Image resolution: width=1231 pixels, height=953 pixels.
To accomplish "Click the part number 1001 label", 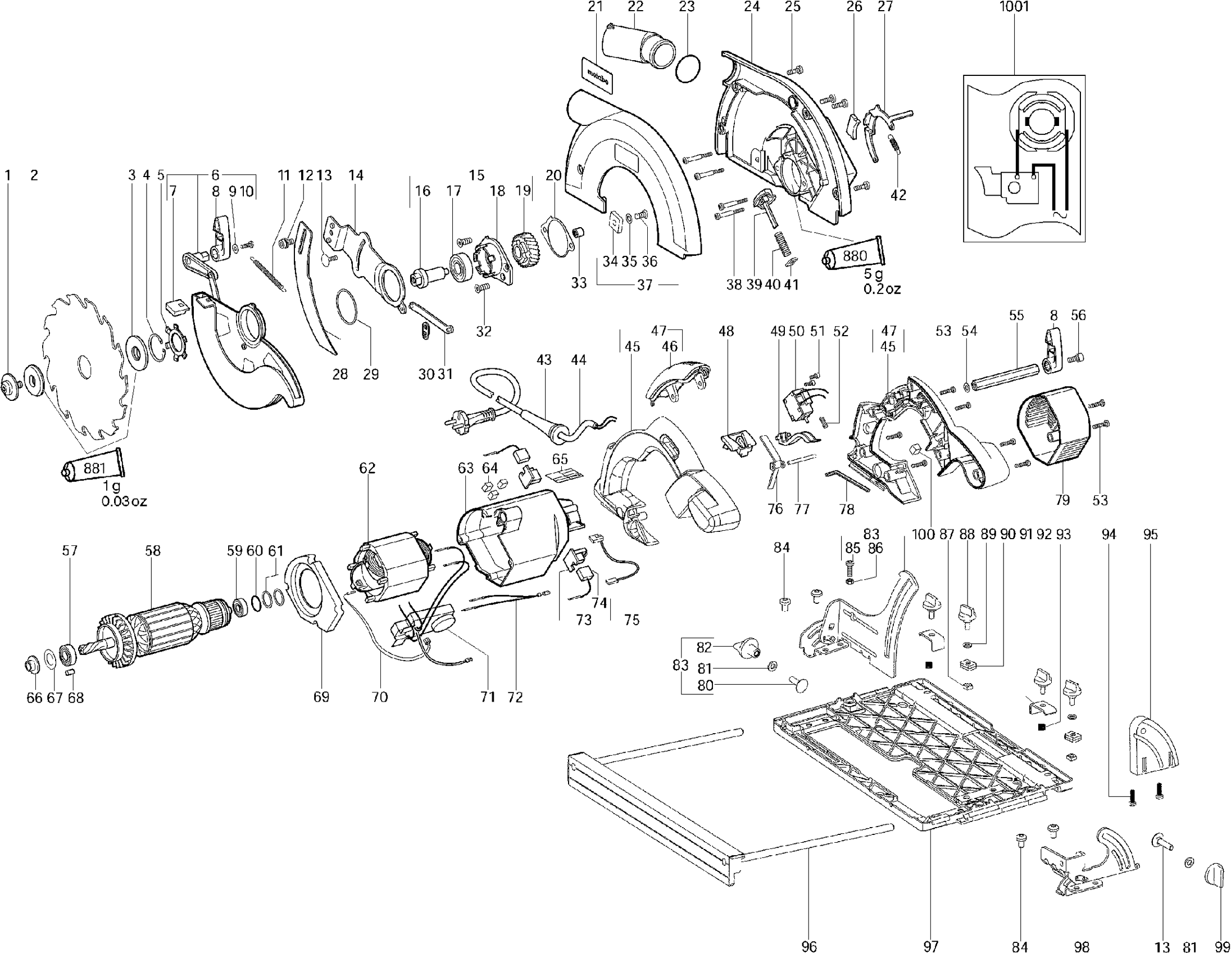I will pos(1014,7).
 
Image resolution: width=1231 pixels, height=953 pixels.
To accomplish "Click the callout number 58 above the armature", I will pos(153,551).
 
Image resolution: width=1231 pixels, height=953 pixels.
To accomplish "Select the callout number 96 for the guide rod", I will pos(808,946).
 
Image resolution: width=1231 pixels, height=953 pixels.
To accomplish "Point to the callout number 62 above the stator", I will pos(367,468).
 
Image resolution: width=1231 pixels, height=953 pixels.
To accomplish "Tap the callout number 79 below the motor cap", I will pos(1062,500).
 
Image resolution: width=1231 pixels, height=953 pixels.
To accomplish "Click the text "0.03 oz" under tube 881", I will pos(124,502).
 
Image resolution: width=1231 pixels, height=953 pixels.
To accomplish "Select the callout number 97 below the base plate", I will pos(930,946).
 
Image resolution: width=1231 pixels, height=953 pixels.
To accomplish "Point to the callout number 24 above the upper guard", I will pos(752,7).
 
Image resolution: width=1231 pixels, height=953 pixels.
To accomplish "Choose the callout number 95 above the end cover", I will pos(1151,534).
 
